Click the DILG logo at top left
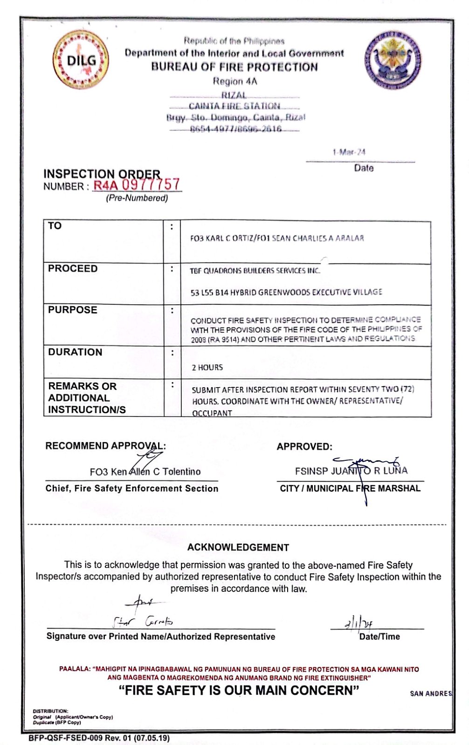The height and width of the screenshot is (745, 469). pyautogui.click(x=81, y=60)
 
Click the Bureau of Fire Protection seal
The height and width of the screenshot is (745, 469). pyautogui.click(x=393, y=60)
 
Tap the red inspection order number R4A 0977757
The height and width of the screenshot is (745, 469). pyautogui.click(x=137, y=185)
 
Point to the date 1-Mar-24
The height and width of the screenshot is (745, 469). pyautogui.click(x=349, y=152)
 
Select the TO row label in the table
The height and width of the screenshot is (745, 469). pyautogui.click(x=55, y=226)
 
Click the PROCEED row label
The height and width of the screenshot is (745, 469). pyautogui.click(x=73, y=269)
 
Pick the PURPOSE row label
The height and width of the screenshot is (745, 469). pyautogui.click(x=73, y=310)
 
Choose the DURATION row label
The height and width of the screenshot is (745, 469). pyautogui.click(x=75, y=352)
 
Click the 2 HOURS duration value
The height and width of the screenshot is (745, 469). pyautogui.click(x=207, y=368)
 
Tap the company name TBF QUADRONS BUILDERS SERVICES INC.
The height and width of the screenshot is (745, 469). pyautogui.click(x=255, y=271)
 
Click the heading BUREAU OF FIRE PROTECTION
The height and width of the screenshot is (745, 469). pyautogui.click(x=234, y=67)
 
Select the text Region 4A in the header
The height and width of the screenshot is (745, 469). pyautogui.click(x=235, y=82)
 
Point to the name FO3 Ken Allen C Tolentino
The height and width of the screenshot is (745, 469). pyautogui.click(x=145, y=472)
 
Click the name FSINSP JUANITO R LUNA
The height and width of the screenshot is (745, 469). pyautogui.click(x=351, y=471)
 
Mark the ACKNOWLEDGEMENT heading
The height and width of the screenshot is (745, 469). pyautogui.click(x=238, y=547)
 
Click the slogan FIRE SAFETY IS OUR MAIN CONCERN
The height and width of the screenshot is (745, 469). pyautogui.click(x=239, y=690)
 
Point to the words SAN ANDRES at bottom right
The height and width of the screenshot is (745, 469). pyautogui.click(x=431, y=694)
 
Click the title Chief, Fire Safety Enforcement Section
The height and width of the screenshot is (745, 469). pyautogui.click(x=132, y=489)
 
